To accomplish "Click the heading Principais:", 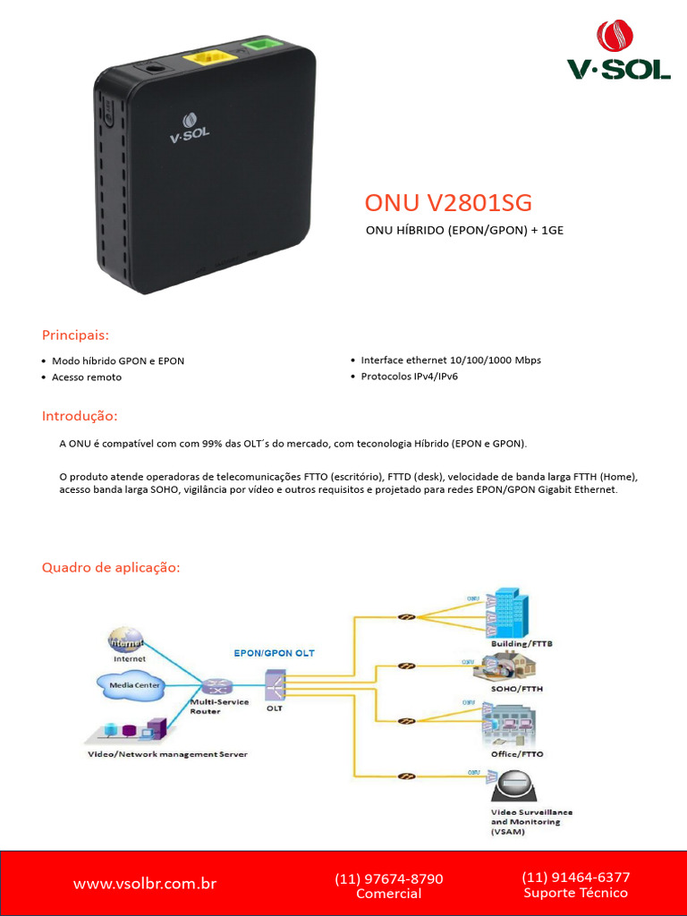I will (x=75, y=335).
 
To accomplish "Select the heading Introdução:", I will (x=80, y=417).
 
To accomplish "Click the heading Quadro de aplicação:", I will (x=111, y=568).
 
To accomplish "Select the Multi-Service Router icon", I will (x=216, y=686).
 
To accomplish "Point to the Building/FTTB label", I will (x=516, y=643).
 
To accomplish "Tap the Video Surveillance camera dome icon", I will (x=515, y=787).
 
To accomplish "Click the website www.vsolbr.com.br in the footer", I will (x=145, y=884).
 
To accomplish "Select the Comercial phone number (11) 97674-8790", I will (x=388, y=879).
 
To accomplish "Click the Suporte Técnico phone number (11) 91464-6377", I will (x=575, y=878).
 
